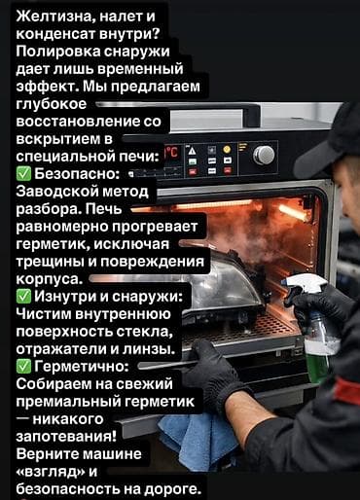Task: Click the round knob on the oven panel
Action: pos(264,155)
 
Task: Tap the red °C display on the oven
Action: pos(171,153)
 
